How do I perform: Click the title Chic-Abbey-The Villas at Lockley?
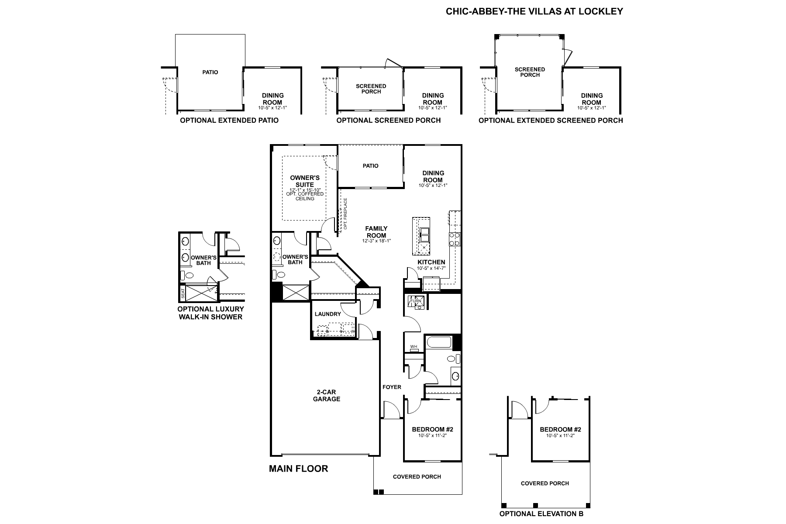pyautogui.click(x=534, y=11)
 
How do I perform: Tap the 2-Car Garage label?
pyautogui.click(x=327, y=396)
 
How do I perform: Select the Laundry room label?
pyautogui.click(x=327, y=314)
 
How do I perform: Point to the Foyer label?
pyautogui.click(x=392, y=387)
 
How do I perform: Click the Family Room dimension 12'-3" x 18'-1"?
pyautogui.click(x=376, y=241)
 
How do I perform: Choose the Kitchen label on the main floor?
pyautogui.click(x=431, y=262)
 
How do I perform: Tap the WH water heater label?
pyautogui.click(x=414, y=347)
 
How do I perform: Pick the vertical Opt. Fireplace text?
pyautogui.click(x=345, y=214)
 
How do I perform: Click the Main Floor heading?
pyautogui.click(x=298, y=469)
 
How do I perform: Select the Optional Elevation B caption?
pyautogui.click(x=541, y=514)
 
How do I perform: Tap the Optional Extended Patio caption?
pyautogui.click(x=229, y=120)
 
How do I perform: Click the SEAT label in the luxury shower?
pyautogui.click(x=183, y=294)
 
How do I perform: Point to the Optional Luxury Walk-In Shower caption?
pyautogui.click(x=210, y=313)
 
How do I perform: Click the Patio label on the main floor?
pyautogui.click(x=370, y=166)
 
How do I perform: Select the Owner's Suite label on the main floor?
pyautogui.click(x=305, y=181)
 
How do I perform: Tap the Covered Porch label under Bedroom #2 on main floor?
pyautogui.click(x=417, y=477)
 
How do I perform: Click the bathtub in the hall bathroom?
pyautogui.click(x=438, y=342)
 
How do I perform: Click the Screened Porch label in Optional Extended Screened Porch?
pyautogui.click(x=530, y=72)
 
